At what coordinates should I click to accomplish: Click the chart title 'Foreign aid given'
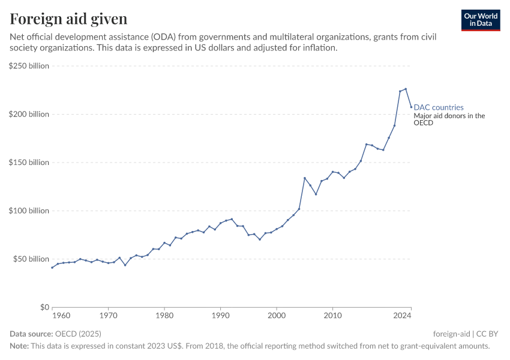tap(68, 19)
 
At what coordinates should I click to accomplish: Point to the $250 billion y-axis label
tap(29, 66)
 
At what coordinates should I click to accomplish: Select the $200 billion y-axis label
tap(29, 114)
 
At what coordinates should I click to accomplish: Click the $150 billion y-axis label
tap(29, 163)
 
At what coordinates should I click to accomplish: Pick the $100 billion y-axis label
tap(29, 211)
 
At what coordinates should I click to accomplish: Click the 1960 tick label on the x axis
tap(60, 314)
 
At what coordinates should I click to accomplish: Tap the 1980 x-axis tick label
tap(164, 314)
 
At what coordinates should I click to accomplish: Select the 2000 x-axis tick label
tap(277, 314)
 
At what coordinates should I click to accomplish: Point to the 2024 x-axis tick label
tap(402, 314)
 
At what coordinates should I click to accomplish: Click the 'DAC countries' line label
tap(439, 108)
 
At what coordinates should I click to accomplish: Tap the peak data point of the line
tap(406, 89)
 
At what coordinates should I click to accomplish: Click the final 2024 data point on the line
tap(411, 107)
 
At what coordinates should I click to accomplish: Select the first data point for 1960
tap(52, 268)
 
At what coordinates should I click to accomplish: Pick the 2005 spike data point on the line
tap(305, 178)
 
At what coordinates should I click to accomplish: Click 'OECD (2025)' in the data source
tap(78, 334)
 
